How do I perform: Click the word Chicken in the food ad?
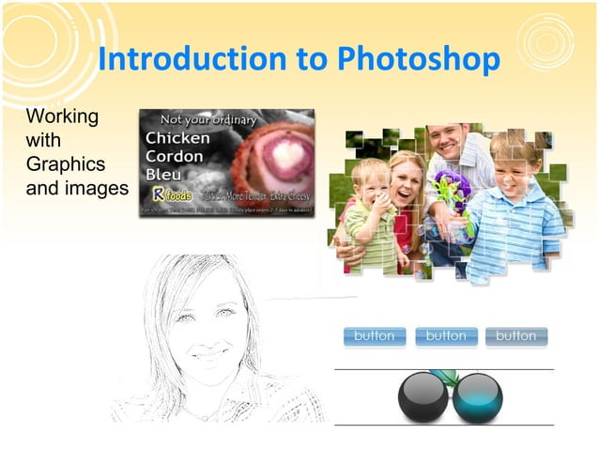[177, 138]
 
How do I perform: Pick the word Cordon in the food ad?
[176, 156]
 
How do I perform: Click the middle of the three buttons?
[446, 336]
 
